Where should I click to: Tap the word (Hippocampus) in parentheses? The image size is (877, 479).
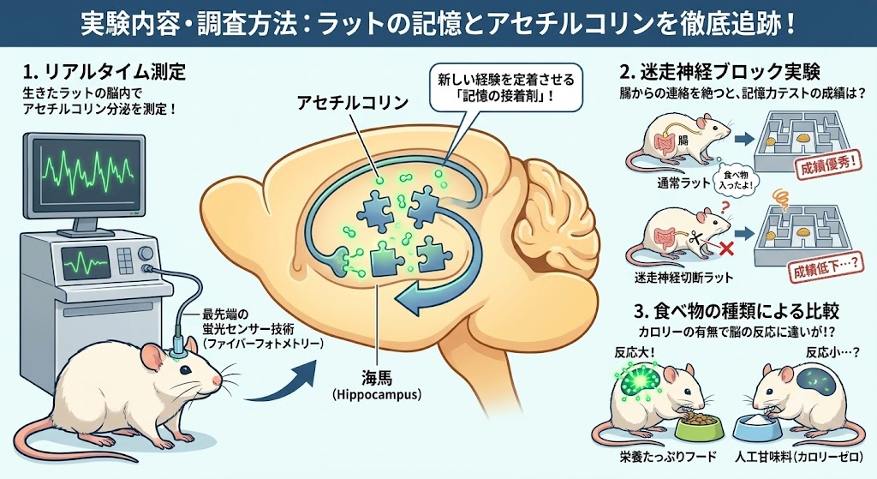pos(377,395)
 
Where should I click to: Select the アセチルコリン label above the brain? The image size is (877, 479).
pos(353,103)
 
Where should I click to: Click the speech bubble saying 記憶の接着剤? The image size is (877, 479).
pos(505,87)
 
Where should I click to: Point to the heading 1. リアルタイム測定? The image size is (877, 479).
pos(104,72)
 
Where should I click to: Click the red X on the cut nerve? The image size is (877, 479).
pos(725,248)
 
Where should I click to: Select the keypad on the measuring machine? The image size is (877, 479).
pos(125,260)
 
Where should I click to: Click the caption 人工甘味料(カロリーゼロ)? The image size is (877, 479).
pos(799,458)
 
